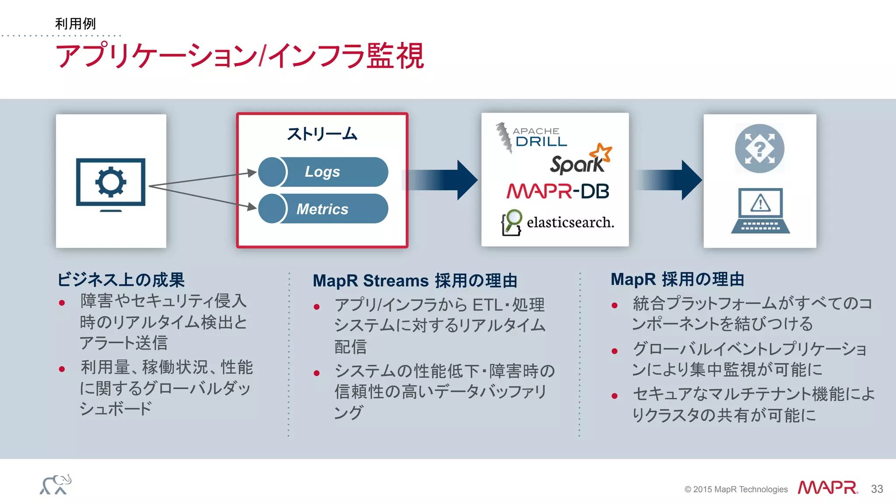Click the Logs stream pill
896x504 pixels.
323,172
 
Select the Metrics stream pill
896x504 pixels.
323,209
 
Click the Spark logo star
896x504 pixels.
601,153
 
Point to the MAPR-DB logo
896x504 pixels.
557,191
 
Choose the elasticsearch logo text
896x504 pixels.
570,222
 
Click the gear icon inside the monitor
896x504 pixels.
111,182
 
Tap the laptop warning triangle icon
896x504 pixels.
760,203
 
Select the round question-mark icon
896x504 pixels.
759,149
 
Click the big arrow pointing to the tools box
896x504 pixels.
442,180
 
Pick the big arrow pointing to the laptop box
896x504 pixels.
669,180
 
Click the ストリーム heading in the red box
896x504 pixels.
322,133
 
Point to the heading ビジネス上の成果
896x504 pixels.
121,280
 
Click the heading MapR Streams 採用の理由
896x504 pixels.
415,280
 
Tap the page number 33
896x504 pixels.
877,489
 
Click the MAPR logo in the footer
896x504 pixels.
827,487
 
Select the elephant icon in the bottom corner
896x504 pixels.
56,485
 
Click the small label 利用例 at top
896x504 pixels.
75,24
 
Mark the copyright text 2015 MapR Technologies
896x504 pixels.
736,489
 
